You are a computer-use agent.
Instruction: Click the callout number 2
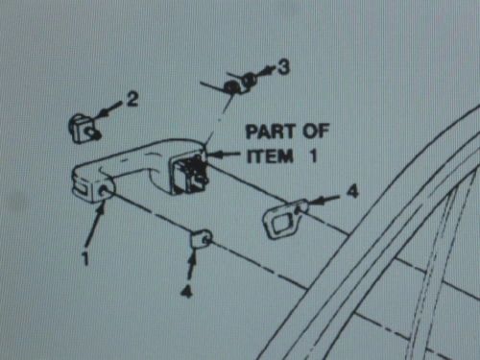132,99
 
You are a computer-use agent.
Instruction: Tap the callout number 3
283,67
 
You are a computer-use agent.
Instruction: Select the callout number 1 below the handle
84,258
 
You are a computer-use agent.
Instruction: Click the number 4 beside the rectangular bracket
352,191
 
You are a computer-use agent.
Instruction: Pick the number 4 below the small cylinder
186,291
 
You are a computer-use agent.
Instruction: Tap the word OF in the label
316,131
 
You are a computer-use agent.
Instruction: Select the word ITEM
270,156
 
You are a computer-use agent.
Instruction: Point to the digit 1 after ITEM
313,156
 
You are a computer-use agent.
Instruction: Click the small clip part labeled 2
84,129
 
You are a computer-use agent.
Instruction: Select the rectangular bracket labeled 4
284,219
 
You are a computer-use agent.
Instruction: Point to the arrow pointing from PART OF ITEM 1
223,155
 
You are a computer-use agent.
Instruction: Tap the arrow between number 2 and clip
110,108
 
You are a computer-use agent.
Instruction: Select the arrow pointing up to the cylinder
192,267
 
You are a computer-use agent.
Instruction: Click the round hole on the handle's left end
105,190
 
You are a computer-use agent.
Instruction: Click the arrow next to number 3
266,72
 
